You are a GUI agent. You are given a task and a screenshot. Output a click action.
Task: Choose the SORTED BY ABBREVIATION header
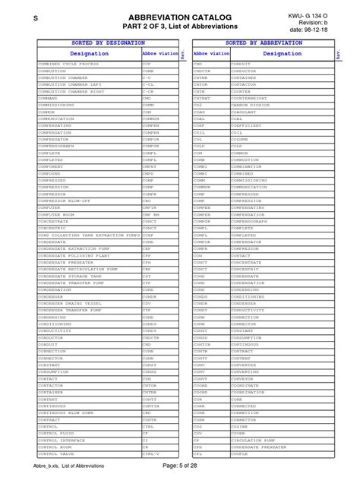[x=264, y=44]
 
